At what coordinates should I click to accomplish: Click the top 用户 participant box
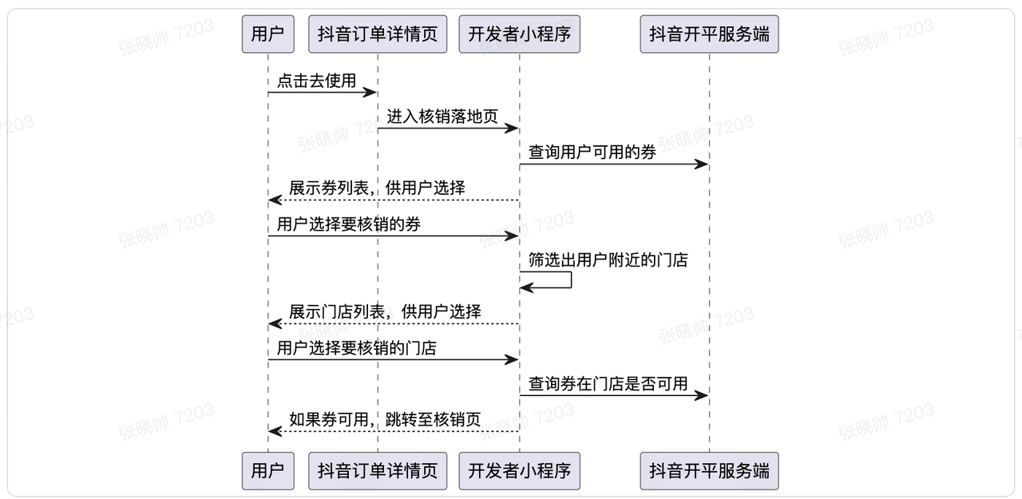(x=267, y=34)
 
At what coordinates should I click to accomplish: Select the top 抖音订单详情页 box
(x=378, y=34)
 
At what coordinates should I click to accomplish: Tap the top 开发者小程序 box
(x=519, y=34)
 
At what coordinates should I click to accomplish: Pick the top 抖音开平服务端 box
(x=709, y=34)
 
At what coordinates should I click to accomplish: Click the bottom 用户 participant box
(x=267, y=471)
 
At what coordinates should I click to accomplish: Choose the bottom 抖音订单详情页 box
(x=378, y=471)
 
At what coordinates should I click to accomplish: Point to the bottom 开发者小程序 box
(x=519, y=471)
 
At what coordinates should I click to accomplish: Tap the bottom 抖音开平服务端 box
(x=709, y=471)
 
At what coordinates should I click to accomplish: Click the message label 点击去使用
(x=316, y=81)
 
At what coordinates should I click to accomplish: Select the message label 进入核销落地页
(x=442, y=117)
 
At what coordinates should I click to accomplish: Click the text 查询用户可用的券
(x=592, y=152)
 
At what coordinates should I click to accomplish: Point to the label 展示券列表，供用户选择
(x=377, y=188)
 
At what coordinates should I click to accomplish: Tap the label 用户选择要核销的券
(x=348, y=224)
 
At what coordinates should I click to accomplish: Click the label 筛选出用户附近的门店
(x=608, y=260)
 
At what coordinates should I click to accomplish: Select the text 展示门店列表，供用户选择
(x=385, y=312)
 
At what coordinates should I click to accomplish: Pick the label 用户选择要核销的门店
(x=356, y=348)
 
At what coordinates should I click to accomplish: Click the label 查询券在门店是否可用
(x=608, y=384)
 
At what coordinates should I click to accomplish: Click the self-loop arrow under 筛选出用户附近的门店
(x=570, y=280)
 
